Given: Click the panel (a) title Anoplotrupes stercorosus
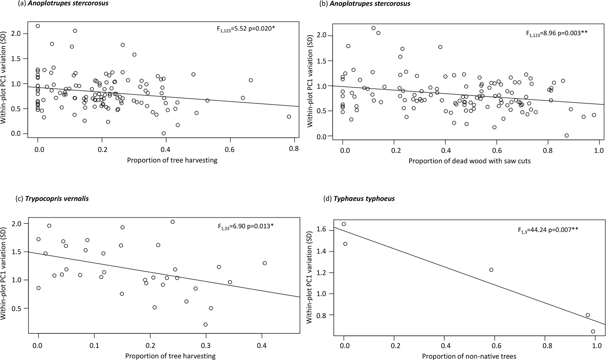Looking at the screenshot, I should click(56, 4).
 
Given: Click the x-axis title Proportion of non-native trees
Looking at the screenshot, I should click(469, 356).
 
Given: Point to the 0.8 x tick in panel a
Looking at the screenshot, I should click(294, 149).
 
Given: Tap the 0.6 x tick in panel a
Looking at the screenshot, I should click(230, 149).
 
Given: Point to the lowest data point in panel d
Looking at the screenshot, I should click(593, 331).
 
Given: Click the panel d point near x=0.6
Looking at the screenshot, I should click(491, 270).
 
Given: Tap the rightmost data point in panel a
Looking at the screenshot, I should click(289, 117).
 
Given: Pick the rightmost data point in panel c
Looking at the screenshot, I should click(265, 263).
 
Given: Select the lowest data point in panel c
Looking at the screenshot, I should click(206, 324).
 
